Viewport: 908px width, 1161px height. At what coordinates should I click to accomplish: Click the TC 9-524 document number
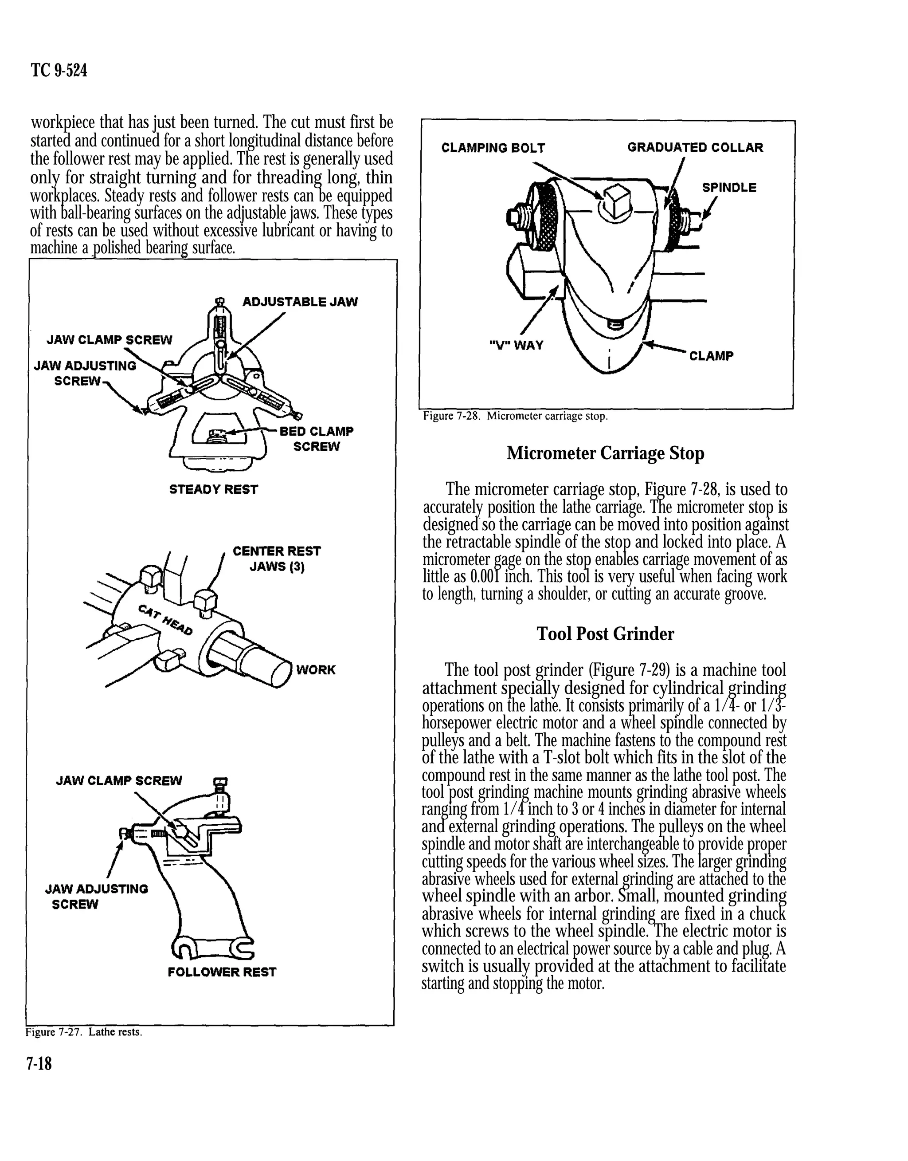pos(59,70)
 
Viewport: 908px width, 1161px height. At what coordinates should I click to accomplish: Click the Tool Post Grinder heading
pos(605,634)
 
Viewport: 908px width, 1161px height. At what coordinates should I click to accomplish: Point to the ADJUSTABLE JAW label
pos(300,302)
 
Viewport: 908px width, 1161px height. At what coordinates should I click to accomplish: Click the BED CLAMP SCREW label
pos(316,439)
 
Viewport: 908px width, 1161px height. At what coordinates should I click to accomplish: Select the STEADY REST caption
pos(213,489)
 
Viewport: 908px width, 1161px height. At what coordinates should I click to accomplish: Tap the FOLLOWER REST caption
pos(222,972)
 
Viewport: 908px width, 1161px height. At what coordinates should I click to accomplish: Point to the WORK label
pos(316,669)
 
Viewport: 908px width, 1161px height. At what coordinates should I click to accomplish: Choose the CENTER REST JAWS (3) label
pos(277,559)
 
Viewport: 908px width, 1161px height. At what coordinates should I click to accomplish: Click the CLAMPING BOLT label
pos(493,148)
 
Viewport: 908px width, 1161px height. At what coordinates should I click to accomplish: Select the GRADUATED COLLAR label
pos(695,147)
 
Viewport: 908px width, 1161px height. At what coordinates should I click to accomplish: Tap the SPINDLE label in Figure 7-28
pos(729,188)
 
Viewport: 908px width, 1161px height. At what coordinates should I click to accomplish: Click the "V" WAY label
pos(516,345)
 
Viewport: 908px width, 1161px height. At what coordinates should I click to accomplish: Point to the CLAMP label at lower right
pos(711,356)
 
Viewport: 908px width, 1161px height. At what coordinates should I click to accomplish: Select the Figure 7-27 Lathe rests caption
pos(83,1032)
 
